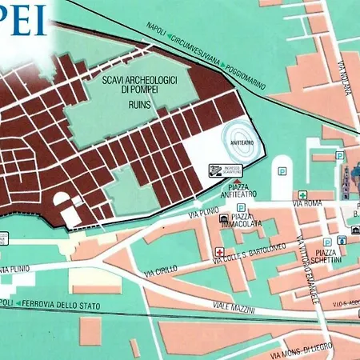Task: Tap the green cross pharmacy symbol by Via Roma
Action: coord(302,194)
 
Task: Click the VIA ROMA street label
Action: coord(308,205)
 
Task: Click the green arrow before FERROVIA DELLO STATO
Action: coord(20,303)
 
